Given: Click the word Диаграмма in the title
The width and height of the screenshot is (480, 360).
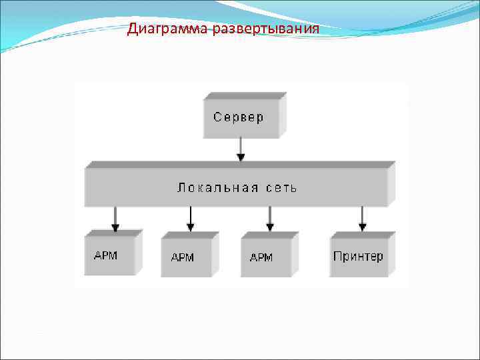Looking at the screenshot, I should click(x=168, y=29).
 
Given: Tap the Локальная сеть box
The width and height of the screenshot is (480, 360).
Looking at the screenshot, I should click(x=237, y=187).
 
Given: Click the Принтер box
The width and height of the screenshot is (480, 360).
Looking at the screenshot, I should click(x=359, y=255).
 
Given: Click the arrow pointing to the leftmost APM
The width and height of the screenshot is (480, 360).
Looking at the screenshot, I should click(x=115, y=219).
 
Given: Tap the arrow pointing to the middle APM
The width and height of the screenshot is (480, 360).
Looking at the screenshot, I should click(x=191, y=219).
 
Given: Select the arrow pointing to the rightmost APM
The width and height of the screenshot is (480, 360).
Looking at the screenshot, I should click(x=270, y=219).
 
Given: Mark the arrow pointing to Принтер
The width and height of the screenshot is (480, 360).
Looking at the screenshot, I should click(x=362, y=219).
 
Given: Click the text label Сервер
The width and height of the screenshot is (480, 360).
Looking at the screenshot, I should click(x=239, y=117).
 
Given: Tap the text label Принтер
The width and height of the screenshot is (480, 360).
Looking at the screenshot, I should click(x=358, y=256).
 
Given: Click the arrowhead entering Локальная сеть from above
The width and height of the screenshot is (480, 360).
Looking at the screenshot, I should click(x=241, y=158).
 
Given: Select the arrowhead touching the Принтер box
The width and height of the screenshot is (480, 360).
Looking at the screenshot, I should click(x=362, y=228).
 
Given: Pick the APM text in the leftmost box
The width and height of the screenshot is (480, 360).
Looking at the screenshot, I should click(x=105, y=255).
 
